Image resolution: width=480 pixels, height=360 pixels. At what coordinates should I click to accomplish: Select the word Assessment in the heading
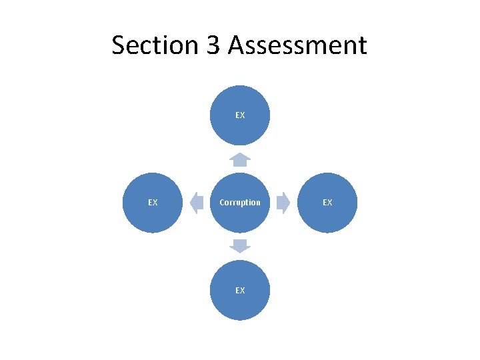[x=297, y=45]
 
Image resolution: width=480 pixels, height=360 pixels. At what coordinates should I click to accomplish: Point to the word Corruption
[x=240, y=203]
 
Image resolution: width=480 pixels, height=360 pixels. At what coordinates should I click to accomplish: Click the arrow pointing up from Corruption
[x=240, y=159]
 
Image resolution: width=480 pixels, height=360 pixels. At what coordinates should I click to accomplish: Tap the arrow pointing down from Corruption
[x=240, y=245]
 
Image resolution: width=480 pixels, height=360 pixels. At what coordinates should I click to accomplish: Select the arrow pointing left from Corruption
[x=197, y=203]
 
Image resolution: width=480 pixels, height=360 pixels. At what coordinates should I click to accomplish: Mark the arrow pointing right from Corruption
[x=283, y=203]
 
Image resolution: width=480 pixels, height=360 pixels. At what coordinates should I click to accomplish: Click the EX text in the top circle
[x=240, y=115]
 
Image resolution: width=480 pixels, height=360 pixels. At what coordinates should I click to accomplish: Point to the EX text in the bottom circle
[x=240, y=291]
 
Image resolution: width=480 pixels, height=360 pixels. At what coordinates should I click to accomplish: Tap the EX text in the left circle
[x=153, y=203]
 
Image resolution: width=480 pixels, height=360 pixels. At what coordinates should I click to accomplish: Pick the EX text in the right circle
[x=327, y=203]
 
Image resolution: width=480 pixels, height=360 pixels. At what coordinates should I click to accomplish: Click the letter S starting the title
[x=119, y=45]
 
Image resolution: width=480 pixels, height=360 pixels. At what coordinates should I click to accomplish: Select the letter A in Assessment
[x=236, y=45]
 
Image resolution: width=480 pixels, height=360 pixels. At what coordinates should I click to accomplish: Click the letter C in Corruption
[x=222, y=203]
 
